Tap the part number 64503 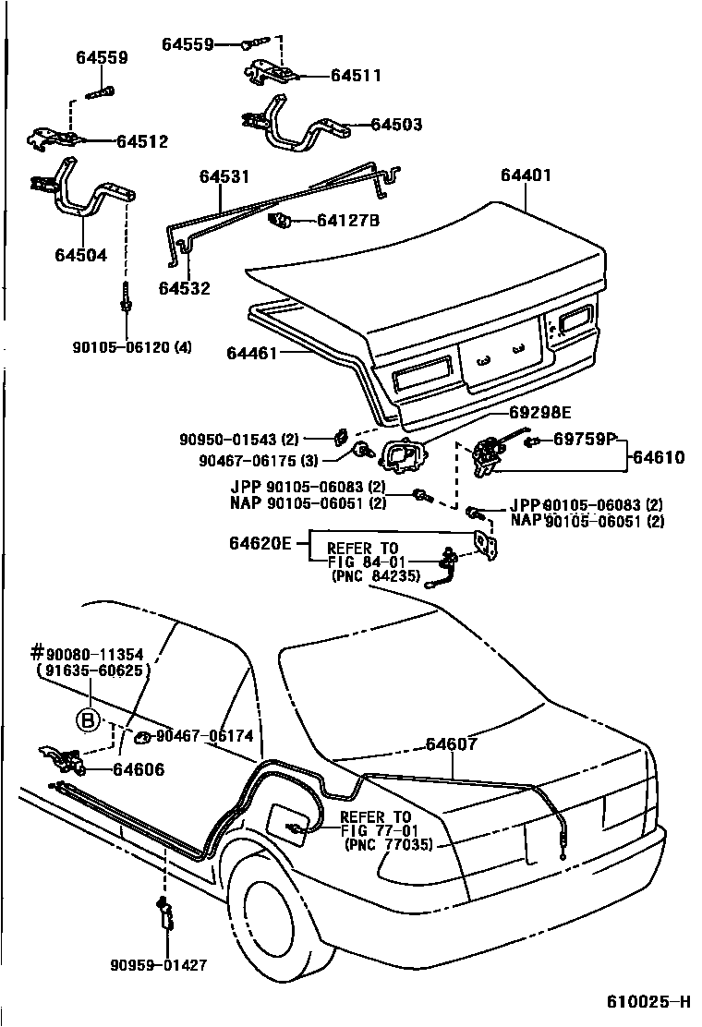396,124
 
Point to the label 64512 141,141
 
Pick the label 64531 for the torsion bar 222,175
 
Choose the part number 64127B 348,220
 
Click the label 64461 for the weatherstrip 252,353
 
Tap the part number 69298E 539,412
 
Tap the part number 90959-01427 158,965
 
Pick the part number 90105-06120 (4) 132,347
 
